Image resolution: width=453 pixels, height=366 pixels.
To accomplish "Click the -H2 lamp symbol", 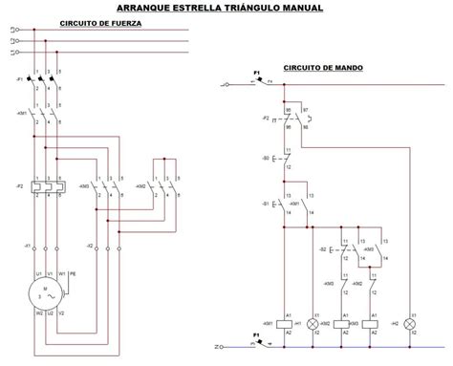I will click(x=412, y=326).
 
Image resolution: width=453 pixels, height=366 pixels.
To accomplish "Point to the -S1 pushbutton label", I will click(x=266, y=203).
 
